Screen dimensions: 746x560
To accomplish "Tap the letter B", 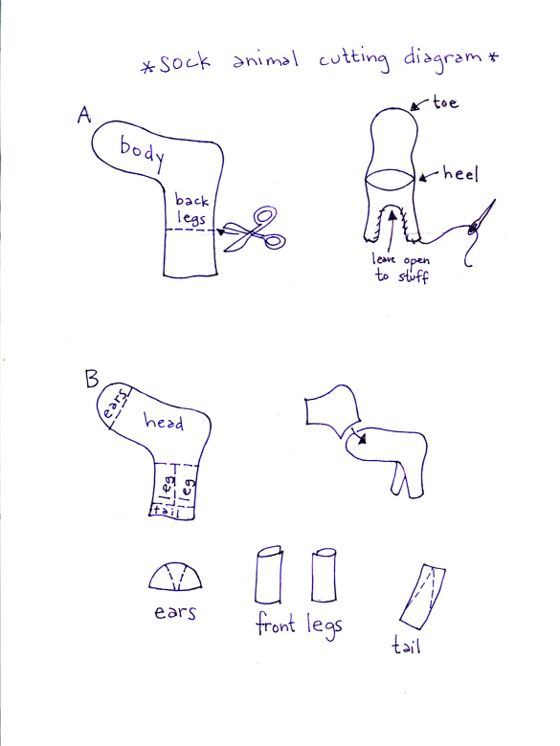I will click(x=93, y=379).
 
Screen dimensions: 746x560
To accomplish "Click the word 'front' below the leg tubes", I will click(x=276, y=628).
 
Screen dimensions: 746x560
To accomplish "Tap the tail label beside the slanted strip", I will click(x=408, y=647).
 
